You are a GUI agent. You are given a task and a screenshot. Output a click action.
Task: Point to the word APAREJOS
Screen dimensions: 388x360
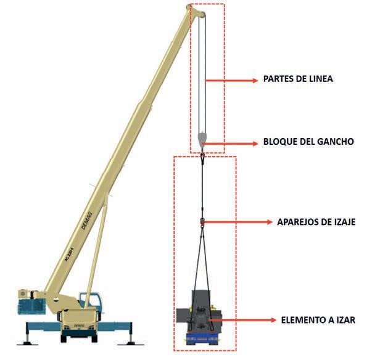pyautogui.click(x=299, y=221)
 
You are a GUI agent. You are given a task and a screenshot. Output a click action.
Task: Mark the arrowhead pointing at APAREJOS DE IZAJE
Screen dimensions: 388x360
pyautogui.click(x=268, y=222)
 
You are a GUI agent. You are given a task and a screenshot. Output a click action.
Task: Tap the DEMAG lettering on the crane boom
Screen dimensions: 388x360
pyautogui.click(x=89, y=219)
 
